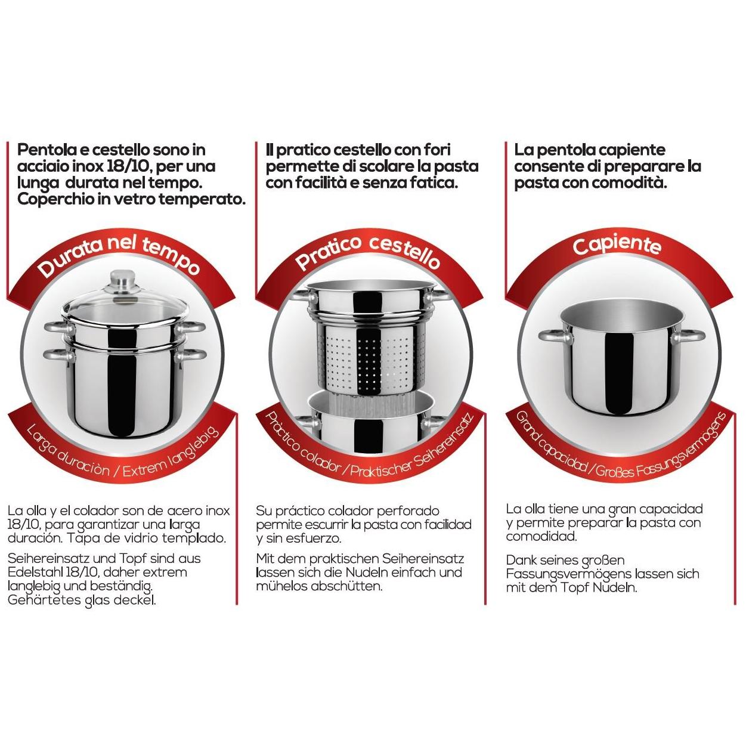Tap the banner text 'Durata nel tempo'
coord(119,255)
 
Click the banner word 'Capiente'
coord(617,245)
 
